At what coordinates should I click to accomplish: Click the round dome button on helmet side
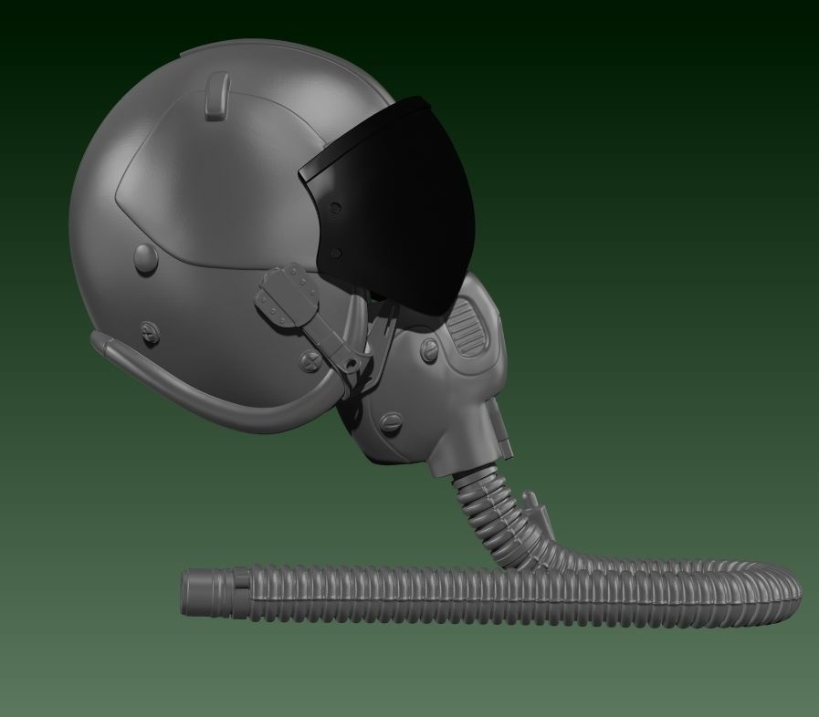[x=145, y=258]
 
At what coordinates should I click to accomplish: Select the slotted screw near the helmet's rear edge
[x=150, y=333]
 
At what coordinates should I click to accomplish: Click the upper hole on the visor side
[x=336, y=209]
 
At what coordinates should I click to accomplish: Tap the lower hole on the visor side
[x=336, y=253]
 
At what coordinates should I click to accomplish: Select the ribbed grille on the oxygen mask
[x=470, y=330]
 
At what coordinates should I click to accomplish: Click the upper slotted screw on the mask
[x=428, y=348]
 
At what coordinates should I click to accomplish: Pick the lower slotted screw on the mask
[x=392, y=421]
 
